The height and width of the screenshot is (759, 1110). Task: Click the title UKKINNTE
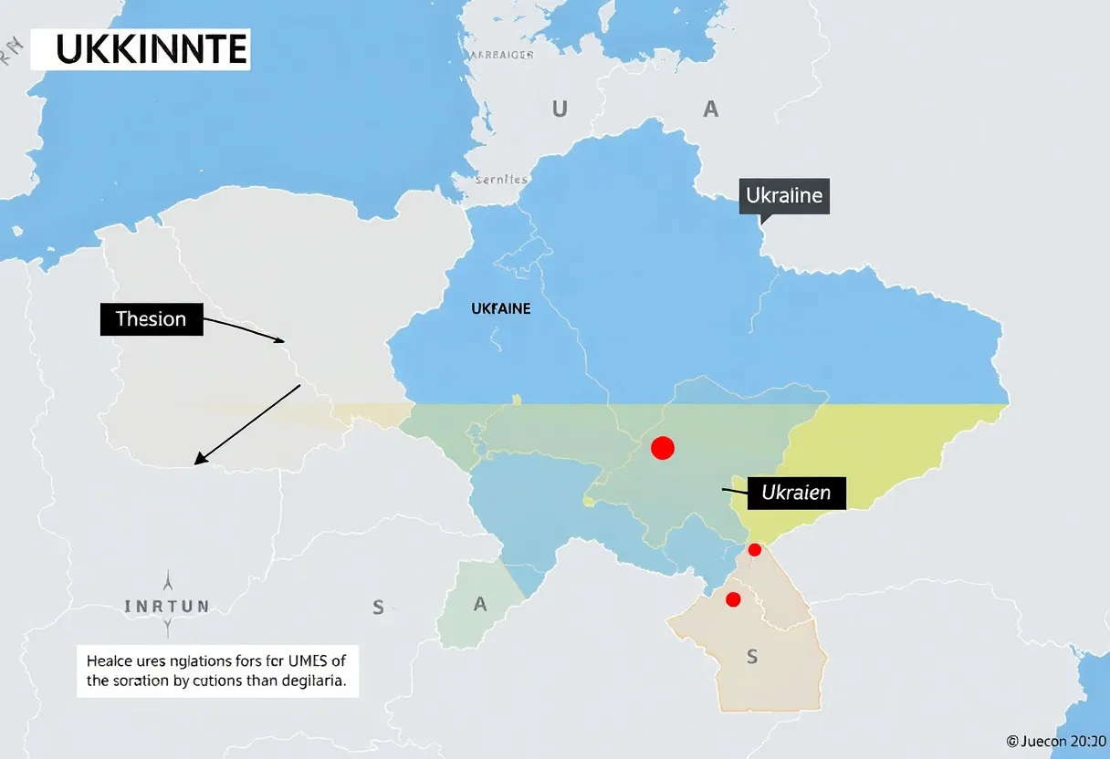[x=140, y=49]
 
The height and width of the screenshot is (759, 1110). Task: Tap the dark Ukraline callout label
[x=783, y=195]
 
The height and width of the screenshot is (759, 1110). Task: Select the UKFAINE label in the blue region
[x=500, y=309]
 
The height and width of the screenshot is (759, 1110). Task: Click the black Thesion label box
[x=151, y=319]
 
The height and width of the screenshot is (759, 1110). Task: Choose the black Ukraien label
[x=796, y=493]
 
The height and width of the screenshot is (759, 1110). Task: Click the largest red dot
[x=663, y=447]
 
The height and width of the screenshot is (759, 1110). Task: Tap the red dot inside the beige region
[x=732, y=599]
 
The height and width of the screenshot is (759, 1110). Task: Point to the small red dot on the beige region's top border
[x=754, y=549]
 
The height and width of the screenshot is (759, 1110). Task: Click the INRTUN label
[x=167, y=605]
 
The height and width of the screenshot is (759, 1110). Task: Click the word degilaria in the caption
[x=313, y=681]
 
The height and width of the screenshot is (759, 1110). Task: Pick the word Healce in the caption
[x=110, y=660]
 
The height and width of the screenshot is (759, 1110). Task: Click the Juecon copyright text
[x=1057, y=742]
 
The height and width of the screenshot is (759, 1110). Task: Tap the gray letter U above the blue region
[x=560, y=110]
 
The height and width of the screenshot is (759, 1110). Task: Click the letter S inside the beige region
[x=752, y=656]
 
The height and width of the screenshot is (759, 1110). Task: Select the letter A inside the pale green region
[x=480, y=605]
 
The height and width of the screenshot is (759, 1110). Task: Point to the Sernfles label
[x=502, y=180]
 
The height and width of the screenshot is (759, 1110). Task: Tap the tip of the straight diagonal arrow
[x=197, y=462]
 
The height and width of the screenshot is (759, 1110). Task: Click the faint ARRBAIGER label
[x=500, y=55]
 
